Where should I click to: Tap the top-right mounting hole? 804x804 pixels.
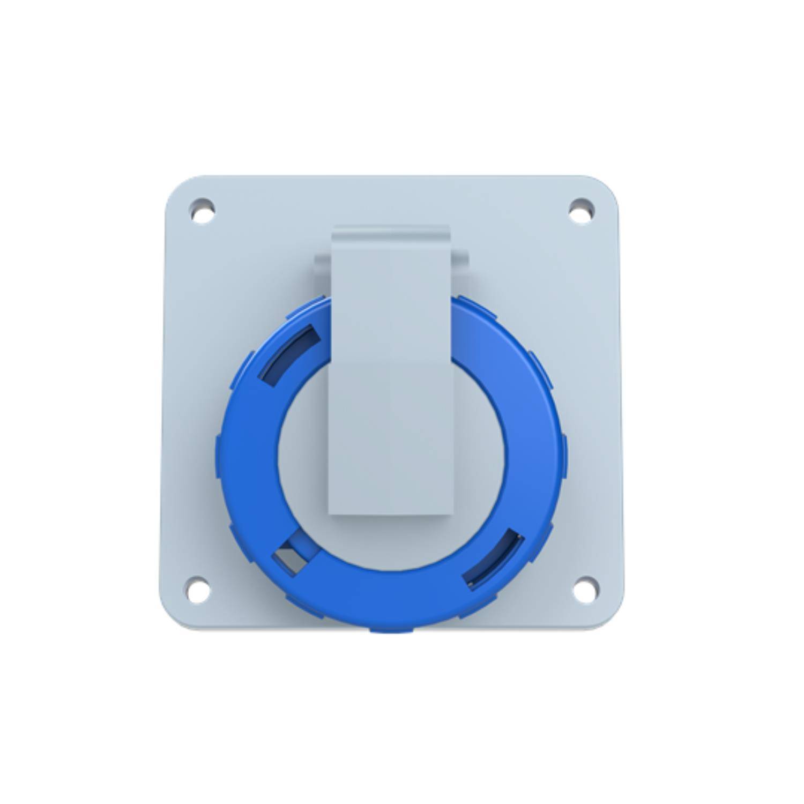581,210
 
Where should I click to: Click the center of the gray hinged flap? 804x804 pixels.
390,375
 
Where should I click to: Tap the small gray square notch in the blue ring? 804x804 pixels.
290,557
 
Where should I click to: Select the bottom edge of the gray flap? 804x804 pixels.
390,513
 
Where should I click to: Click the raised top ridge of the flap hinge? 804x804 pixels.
390,229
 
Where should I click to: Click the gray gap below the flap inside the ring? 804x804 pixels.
390,541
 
